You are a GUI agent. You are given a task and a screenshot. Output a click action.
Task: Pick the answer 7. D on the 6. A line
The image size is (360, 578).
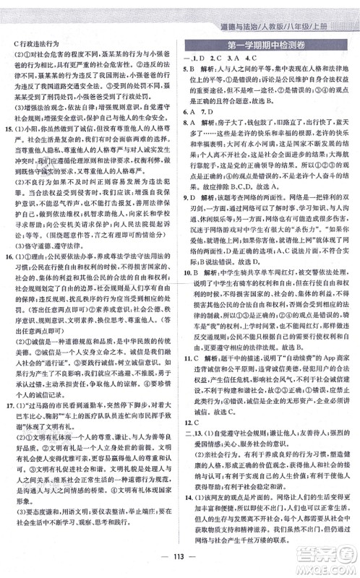coord(214,132)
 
